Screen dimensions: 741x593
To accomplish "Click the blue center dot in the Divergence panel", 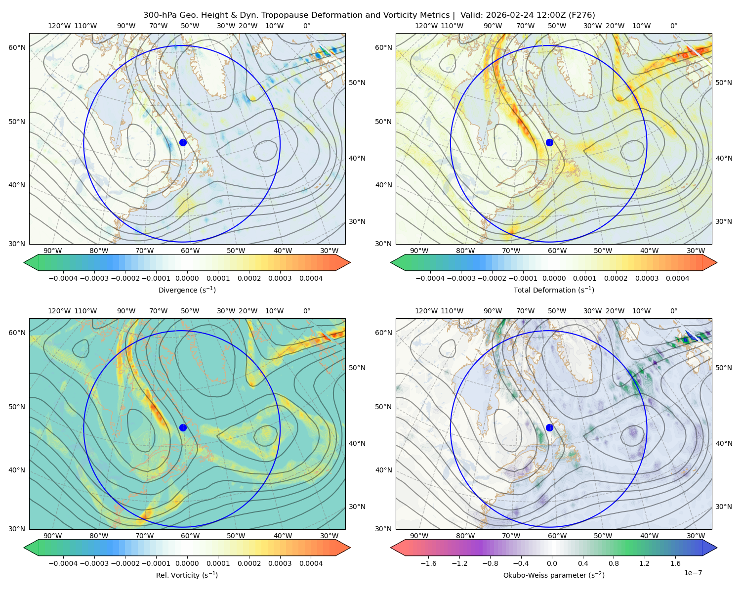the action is tap(183, 142).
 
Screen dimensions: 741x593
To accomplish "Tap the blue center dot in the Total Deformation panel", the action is tap(549, 142).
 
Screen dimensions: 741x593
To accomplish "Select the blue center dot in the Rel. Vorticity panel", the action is tap(183, 427).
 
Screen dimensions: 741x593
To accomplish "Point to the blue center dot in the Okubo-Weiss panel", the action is tap(549, 427).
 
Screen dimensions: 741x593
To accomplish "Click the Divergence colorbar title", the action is tap(187, 290).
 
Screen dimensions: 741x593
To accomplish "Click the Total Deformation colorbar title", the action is tap(554, 290).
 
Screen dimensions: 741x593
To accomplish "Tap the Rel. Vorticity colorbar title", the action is tap(187, 575).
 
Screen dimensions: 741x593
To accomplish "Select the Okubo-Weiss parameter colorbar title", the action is tap(554, 575).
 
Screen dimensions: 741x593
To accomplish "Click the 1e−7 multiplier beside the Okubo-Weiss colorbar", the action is tap(693, 573).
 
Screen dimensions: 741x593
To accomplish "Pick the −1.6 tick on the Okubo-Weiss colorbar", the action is tap(428, 563).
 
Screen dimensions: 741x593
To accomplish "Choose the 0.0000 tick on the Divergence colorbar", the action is tap(187, 278).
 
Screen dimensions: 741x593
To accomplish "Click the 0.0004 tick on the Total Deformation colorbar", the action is tap(677, 278).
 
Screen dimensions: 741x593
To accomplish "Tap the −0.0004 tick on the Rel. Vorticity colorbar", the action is tap(63, 563).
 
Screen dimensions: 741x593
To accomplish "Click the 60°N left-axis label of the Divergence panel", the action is tap(17, 47).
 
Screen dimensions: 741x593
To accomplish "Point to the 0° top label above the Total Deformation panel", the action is tap(673, 26).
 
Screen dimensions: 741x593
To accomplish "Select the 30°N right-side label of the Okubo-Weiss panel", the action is tap(723, 507).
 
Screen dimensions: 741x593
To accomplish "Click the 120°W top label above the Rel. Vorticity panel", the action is tap(59, 311).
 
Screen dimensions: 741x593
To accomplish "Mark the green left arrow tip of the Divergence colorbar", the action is tap(24, 262).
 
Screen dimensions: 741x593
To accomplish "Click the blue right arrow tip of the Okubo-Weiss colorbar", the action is tap(717, 548).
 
